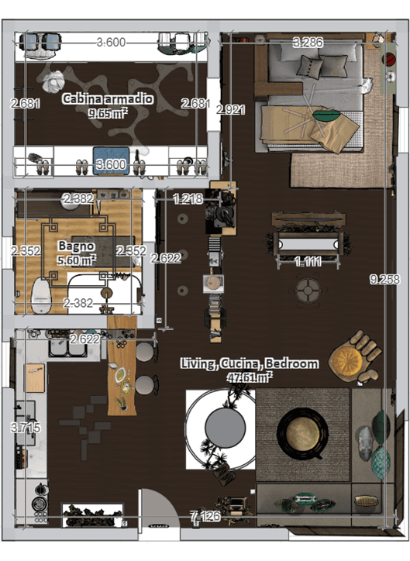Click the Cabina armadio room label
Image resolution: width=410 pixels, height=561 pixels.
[x=107, y=98]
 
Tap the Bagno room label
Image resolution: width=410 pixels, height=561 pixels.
[x=76, y=246]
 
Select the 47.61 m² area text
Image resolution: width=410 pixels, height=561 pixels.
[x=250, y=377]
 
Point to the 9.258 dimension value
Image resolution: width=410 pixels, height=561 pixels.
[x=384, y=279]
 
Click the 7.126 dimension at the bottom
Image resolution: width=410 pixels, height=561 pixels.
[x=205, y=516]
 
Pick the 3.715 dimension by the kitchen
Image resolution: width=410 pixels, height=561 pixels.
[x=26, y=427]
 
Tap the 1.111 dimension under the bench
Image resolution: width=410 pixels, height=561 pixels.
[x=308, y=262]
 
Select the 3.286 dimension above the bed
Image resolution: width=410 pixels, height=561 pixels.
[x=308, y=42]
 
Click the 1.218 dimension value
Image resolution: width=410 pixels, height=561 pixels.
[x=188, y=198]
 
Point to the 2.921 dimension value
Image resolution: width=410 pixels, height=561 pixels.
[x=231, y=109]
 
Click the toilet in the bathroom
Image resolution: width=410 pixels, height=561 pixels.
[x=41, y=294]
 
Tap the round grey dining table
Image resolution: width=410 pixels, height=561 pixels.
[x=226, y=427]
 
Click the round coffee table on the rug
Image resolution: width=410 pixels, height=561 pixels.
[x=302, y=433]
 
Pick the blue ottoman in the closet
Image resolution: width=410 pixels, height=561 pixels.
[x=111, y=160]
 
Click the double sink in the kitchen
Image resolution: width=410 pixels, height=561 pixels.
[x=68, y=348]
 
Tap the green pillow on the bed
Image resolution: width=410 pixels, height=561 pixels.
[x=327, y=115]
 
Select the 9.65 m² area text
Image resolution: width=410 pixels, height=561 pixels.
[x=108, y=114]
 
